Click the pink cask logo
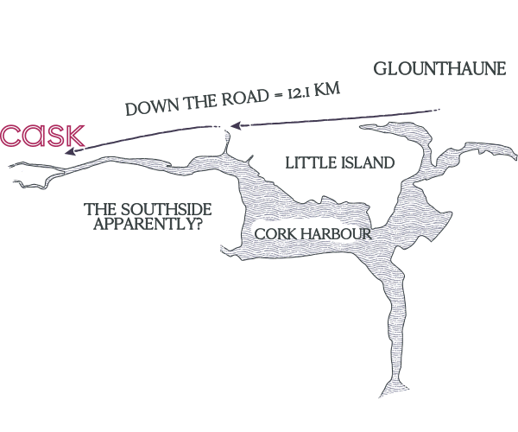click(x=42, y=136)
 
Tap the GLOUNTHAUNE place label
click(x=439, y=69)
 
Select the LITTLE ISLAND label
click(x=340, y=163)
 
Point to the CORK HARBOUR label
click(x=313, y=234)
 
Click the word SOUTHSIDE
click(x=166, y=210)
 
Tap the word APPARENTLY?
click(x=148, y=224)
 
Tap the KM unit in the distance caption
click(x=326, y=90)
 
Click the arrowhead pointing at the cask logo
click(x=71, y=152)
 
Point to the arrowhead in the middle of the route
click(x=235, y=125)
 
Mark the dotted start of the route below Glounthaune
click(x=437, y=110)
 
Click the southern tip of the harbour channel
click(x=380, y=397)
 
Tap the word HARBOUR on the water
click(x=337, y=234)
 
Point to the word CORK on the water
click(x=275, y=234)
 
